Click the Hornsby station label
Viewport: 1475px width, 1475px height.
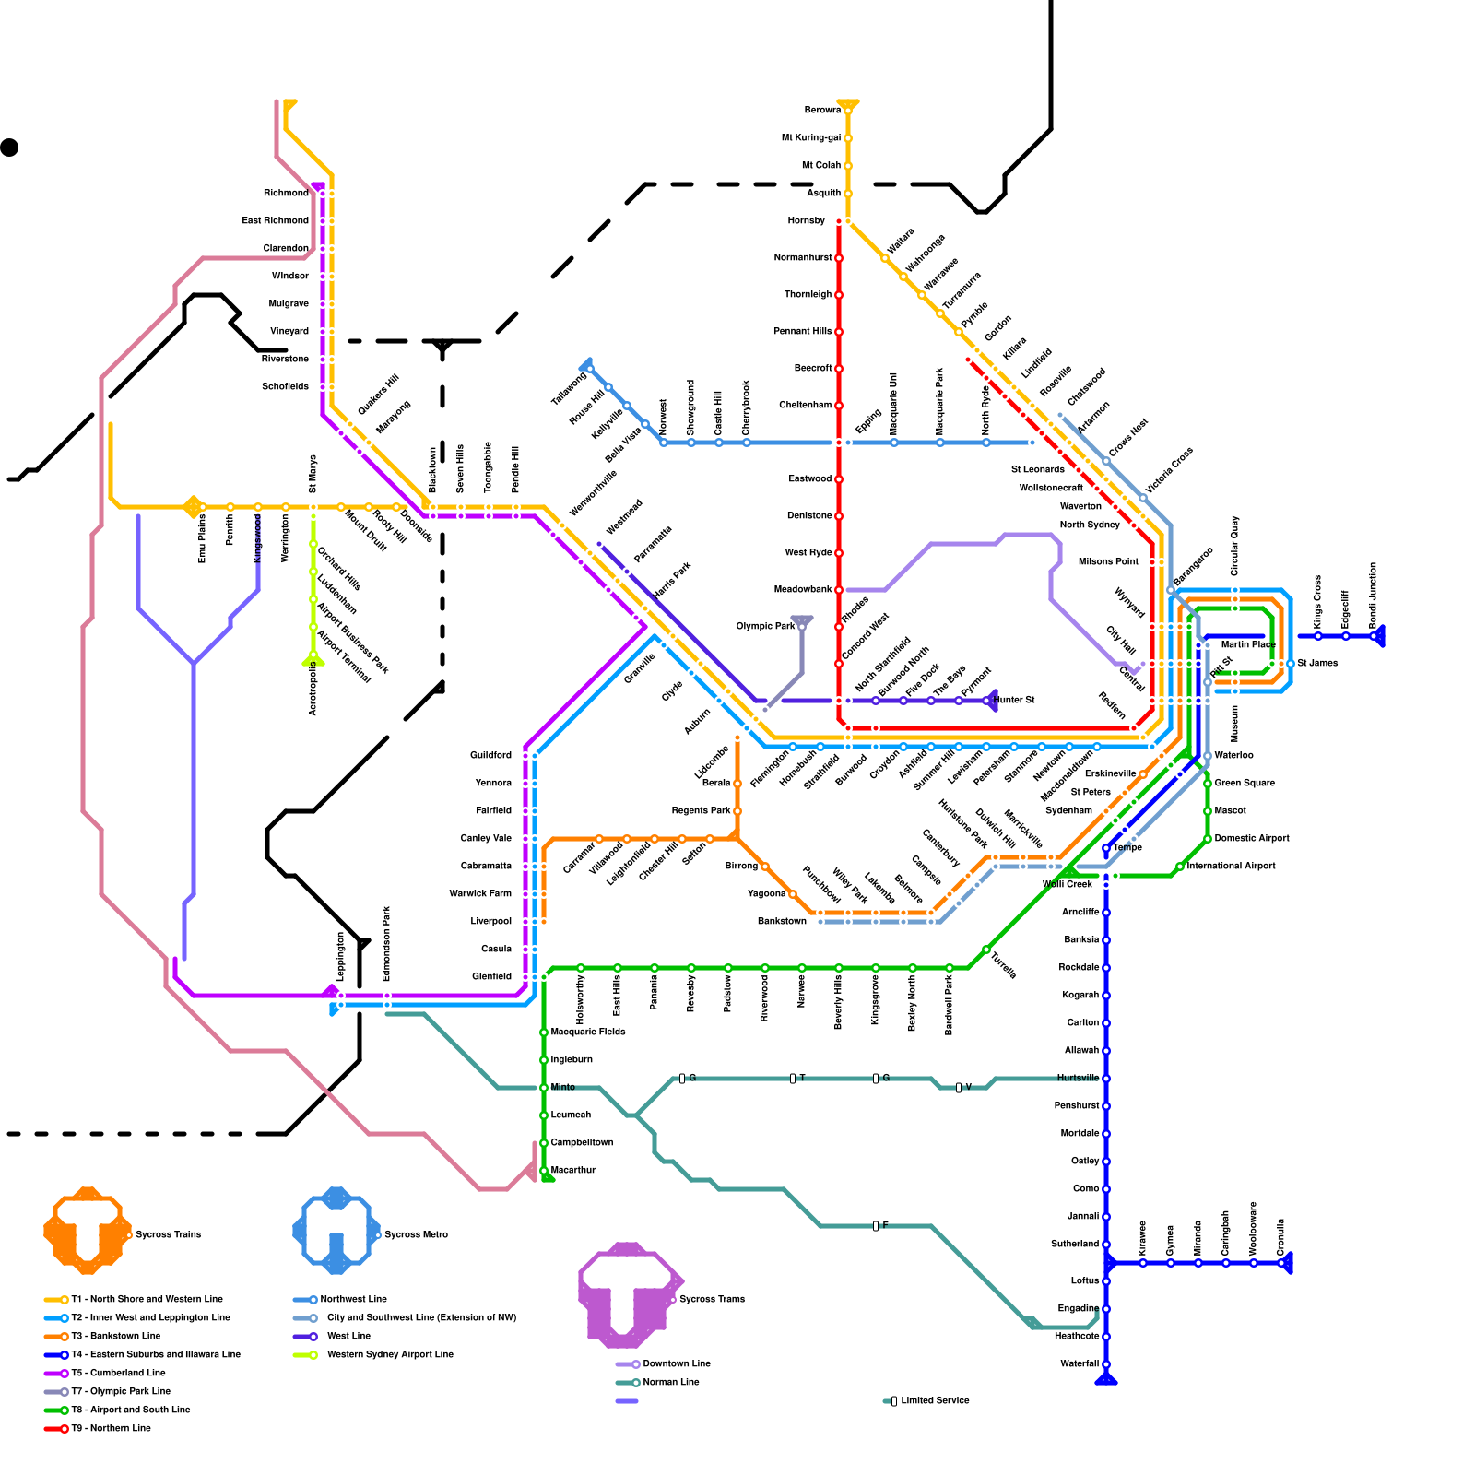(x=806, y=221)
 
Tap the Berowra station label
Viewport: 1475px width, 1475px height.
(x=822, y=111)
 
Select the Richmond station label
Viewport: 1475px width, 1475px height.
(x=286, y=194)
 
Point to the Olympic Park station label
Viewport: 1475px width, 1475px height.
(x=765, y=627)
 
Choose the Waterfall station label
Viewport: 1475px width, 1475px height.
(x=1080, y=1364)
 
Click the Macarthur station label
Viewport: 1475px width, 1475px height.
(x=573, y=1171)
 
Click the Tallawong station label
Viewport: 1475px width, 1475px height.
(x=569, y=389)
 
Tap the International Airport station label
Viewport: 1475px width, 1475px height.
(x=1232, y=867)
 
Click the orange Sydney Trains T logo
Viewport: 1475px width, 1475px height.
(x=87, y=1231)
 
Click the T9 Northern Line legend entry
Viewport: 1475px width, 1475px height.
(x=111, y=1429)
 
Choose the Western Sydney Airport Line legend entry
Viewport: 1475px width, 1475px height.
(x=389, y=1355)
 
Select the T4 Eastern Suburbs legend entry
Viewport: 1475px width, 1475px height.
(x=155, y=1355)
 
